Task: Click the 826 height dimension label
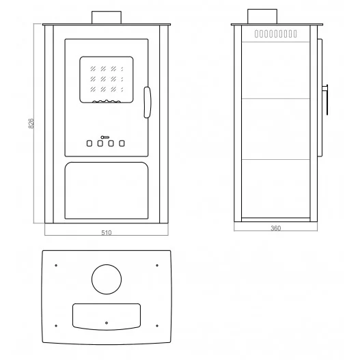31,124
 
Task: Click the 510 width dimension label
107,232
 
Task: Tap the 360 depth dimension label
275,228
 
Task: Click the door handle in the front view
147,102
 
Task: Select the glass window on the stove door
107,79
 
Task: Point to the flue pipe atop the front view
107,17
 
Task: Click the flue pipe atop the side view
262,16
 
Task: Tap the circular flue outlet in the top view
107,279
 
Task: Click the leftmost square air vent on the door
89,143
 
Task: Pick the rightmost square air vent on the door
122,143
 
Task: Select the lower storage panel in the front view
107,191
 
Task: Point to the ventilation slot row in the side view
275,33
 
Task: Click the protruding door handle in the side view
325,100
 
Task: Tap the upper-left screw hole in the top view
56,266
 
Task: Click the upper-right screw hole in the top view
157,266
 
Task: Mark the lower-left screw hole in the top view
56,326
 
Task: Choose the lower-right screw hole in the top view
157,326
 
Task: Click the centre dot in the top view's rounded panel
107,323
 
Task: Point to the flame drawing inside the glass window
107,101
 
